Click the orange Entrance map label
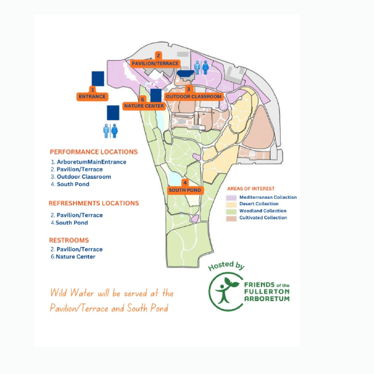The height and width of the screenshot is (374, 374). (x=92, y=97)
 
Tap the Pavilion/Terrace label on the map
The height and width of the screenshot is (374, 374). (x=155, y=63)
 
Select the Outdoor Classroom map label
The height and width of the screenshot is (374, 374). (x=194, y=97)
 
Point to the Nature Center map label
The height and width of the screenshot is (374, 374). (x=144, y=106)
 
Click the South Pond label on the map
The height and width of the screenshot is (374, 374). (x=185, y=191)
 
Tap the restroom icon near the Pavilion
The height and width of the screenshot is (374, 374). (x=201, y=67)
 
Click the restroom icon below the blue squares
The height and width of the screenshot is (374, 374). (x=111, y=130)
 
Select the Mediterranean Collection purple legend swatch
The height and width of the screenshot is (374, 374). (x=231, y=198)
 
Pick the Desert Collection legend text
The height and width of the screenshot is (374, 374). (x=259, y=204)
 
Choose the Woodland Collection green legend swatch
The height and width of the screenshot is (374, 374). (x=231, y=212)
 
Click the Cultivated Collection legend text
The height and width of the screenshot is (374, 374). (x=263, y=217)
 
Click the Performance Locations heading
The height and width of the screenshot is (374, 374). (x=94, y=152)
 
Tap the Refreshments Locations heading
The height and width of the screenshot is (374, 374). (x=94, y=203)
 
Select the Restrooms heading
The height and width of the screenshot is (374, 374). (x=69, y=240)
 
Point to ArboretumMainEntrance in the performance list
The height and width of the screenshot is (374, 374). (x=91, y=162)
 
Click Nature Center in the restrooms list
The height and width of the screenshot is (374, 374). (x=75, y=256)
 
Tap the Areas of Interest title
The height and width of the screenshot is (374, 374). (x=251, y=189)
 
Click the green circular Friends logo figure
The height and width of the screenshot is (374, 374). (x=226, y=292)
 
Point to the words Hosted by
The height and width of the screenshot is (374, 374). (x=226, y=266)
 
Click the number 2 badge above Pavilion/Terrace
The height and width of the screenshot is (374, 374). (x=158, y=56)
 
